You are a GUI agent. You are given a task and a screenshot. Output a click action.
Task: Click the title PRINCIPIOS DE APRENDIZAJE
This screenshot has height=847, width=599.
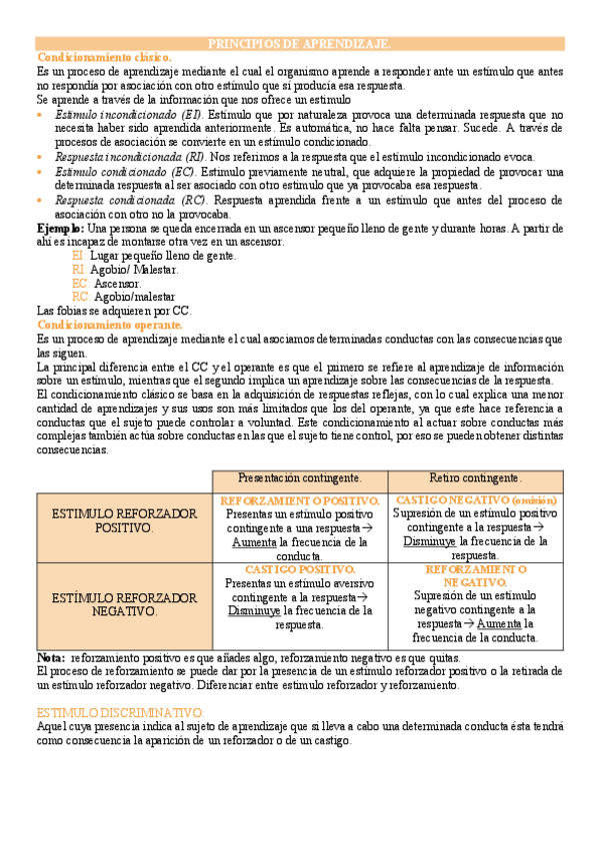pos(299,44)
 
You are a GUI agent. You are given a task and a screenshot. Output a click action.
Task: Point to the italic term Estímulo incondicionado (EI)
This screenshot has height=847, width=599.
pos(128,115)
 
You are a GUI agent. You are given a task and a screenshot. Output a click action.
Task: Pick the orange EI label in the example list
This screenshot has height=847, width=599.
pos(79,256)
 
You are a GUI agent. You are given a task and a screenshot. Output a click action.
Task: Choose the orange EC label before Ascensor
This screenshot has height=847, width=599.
pos(81,283)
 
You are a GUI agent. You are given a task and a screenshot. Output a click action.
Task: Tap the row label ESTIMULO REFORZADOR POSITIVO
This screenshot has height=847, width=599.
pos(124,519)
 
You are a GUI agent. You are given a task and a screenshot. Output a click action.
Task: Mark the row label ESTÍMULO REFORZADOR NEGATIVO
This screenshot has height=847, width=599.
pos(124,604)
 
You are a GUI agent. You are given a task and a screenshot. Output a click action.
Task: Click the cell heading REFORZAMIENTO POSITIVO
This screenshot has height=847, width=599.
pos(300,500)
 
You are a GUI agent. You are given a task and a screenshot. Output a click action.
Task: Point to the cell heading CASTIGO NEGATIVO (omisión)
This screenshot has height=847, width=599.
pos(476,499)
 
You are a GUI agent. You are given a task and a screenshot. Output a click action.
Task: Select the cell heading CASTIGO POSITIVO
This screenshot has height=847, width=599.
pos(300,569)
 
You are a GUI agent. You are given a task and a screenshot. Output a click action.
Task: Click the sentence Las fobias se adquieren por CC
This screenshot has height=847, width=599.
pos(113,311)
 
